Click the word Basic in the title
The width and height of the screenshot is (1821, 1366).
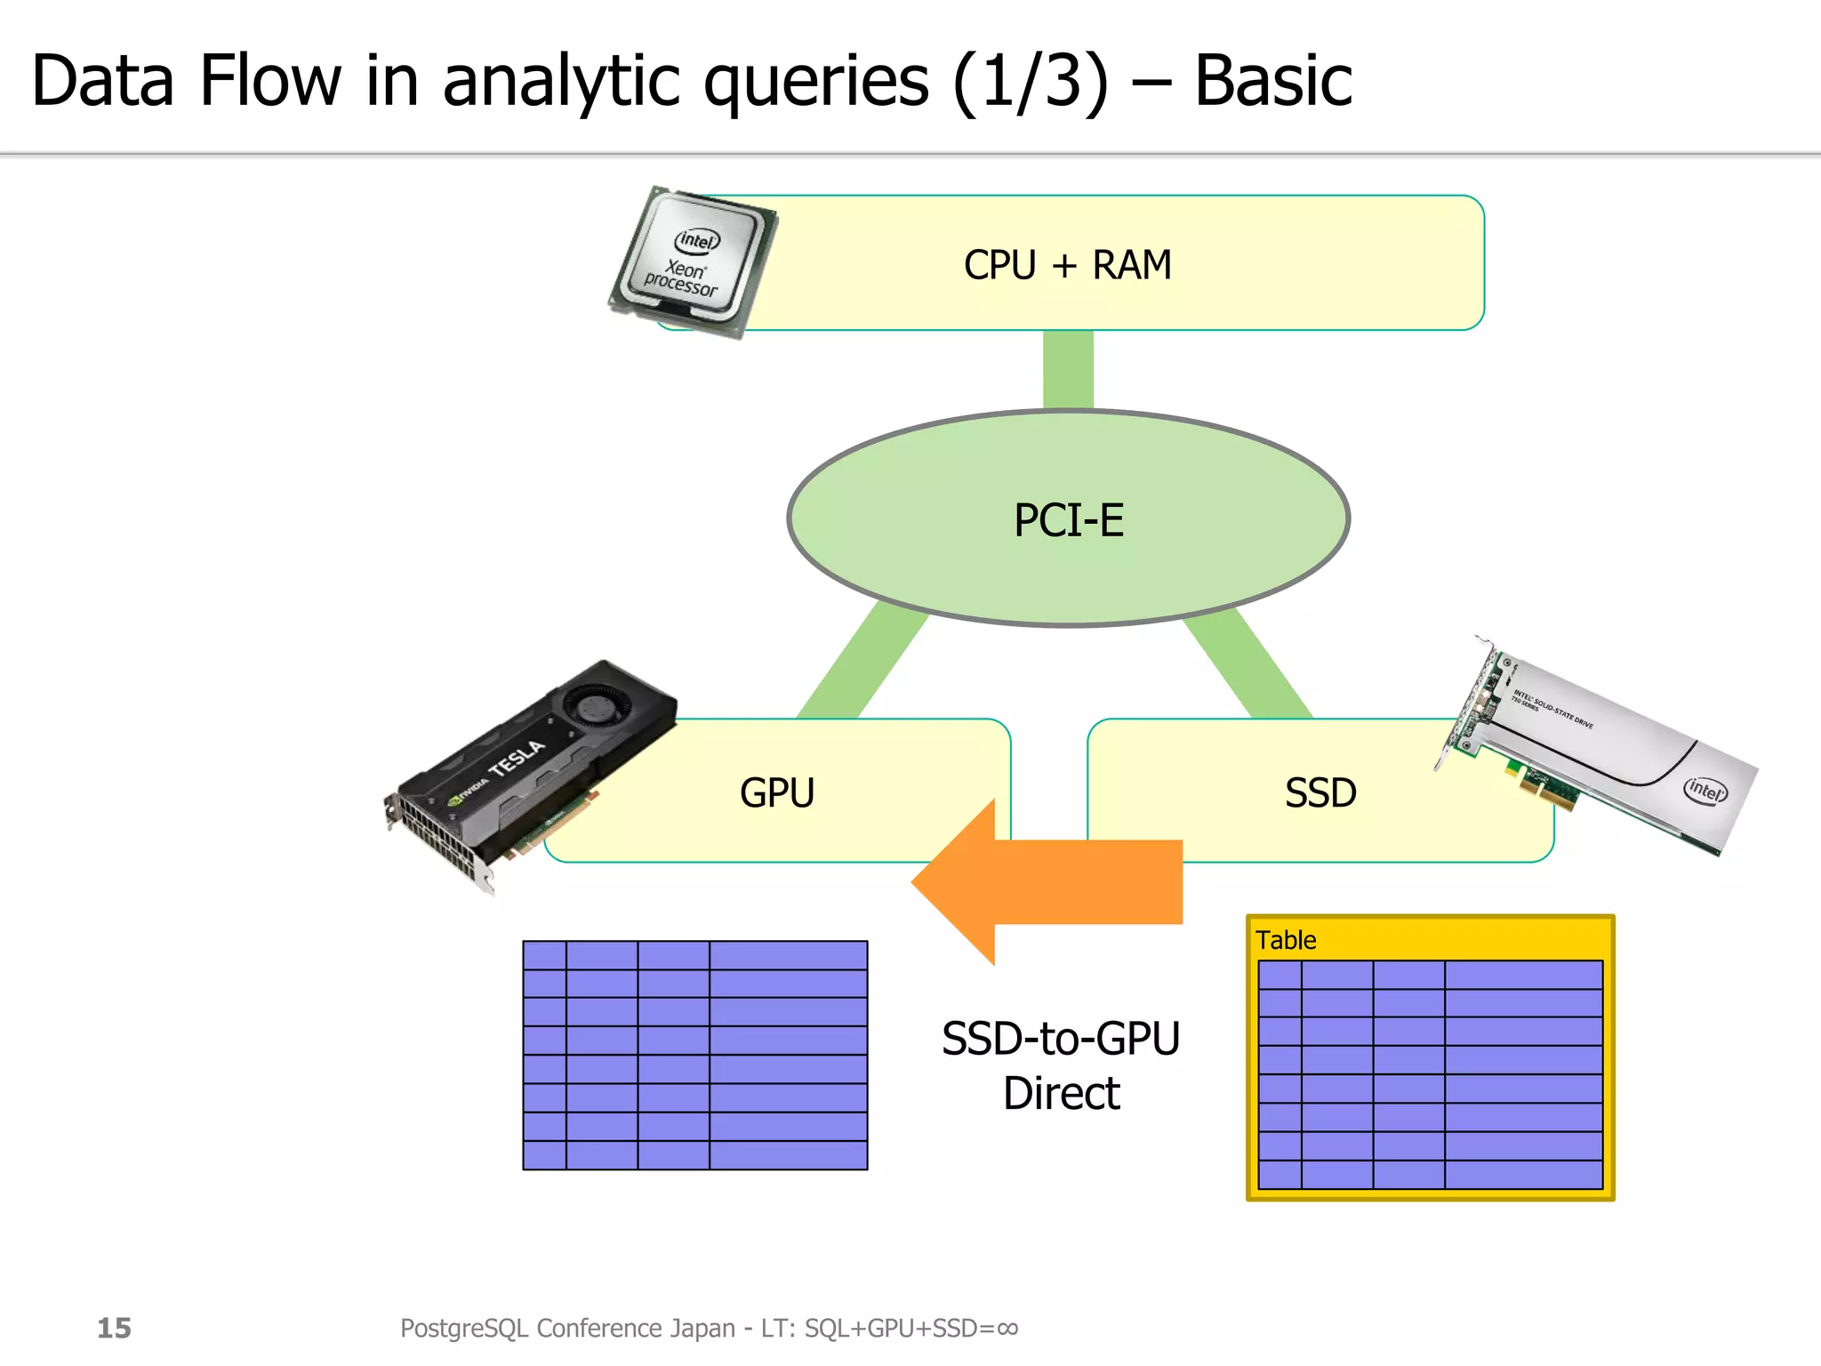(x=1272, y=82)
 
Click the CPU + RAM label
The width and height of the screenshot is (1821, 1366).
(x=1067, y=265)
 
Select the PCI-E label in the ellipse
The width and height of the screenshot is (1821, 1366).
(x=1069, y=520)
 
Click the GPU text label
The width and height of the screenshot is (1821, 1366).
(x=777, y=793)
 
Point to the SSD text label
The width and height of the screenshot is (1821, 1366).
(x=1320, y=793)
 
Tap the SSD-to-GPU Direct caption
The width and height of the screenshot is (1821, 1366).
(x=1061, y=1065)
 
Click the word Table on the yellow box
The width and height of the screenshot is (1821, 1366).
(x=1286, y=940)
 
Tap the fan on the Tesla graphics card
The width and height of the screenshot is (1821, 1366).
(x=597, y=707)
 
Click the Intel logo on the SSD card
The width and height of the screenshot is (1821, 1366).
(x=1705, y=789)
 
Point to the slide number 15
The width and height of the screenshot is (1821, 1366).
(x=114, y=1328)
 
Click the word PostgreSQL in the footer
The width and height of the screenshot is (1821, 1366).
(x=465, y=1328)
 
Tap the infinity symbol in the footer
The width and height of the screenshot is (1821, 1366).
(x=1007, y=1328)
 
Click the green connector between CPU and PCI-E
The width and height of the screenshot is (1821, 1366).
(x=1068, y=370)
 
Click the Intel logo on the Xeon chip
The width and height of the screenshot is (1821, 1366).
(x=697, y=240)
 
